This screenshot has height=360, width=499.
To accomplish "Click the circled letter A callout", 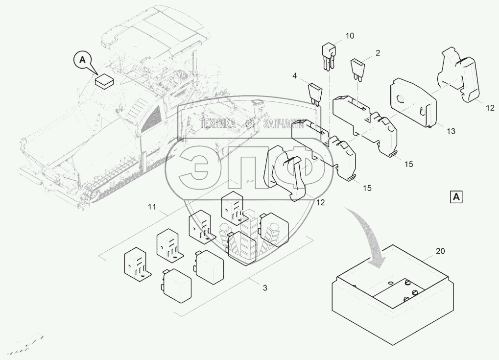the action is tap(82, 60).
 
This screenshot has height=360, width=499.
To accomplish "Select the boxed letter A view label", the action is tap(456, 197).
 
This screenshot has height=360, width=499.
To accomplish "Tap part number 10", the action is tap(350, 36).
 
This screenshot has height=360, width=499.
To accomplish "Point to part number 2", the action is tap(378, 53).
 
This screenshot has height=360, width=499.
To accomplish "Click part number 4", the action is tap(294, 76).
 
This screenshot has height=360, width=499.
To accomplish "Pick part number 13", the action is tap(451, 131).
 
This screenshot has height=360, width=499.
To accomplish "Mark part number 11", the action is tap(152, 207).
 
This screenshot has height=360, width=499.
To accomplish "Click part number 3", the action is tap(265, 288).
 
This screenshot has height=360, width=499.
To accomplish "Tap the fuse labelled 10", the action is tap(328, 58).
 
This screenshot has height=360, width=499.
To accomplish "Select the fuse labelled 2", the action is tap(357, 68).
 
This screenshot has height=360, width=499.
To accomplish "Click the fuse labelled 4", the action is tap(315, 94).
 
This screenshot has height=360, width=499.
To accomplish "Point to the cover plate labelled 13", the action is tap(413, 102).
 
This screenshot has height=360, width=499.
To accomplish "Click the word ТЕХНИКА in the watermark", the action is tap(218, 123).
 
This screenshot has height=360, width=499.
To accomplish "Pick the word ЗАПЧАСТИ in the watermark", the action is tap(284, 123).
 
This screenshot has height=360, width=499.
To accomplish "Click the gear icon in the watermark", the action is tap(250, 123).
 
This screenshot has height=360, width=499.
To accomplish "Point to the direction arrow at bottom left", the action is tap(24, 345).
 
